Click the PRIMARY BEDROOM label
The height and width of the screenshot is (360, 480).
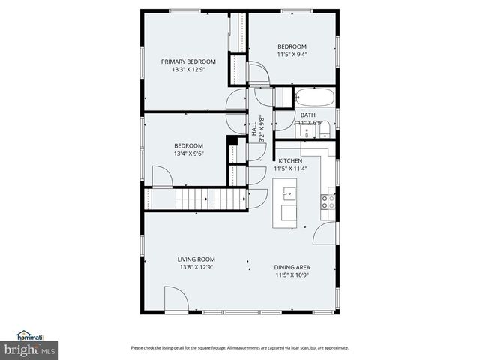[x=188, y=61]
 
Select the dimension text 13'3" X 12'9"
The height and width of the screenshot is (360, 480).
[x=188, y=70]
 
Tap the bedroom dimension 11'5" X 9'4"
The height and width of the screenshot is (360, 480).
[x=292, y=54]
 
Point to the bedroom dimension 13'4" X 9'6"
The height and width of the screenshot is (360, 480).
[x=188, y=154]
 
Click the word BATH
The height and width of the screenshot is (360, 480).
[x=308, y=115]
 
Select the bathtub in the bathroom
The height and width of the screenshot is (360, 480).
[x=315, y=97]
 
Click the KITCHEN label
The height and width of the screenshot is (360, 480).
[x=290, y=161]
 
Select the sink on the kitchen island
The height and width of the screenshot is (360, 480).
[x=289, y=195]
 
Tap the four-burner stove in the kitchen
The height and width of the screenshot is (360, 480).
[x=328, y=201]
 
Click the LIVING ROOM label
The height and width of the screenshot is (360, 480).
[x=196, y=259]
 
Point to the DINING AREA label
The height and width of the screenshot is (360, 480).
[x=292, y=267]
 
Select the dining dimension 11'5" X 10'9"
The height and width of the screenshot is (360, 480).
[x=292, y=275]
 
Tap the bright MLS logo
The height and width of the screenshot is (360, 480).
[x=29, y=349]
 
